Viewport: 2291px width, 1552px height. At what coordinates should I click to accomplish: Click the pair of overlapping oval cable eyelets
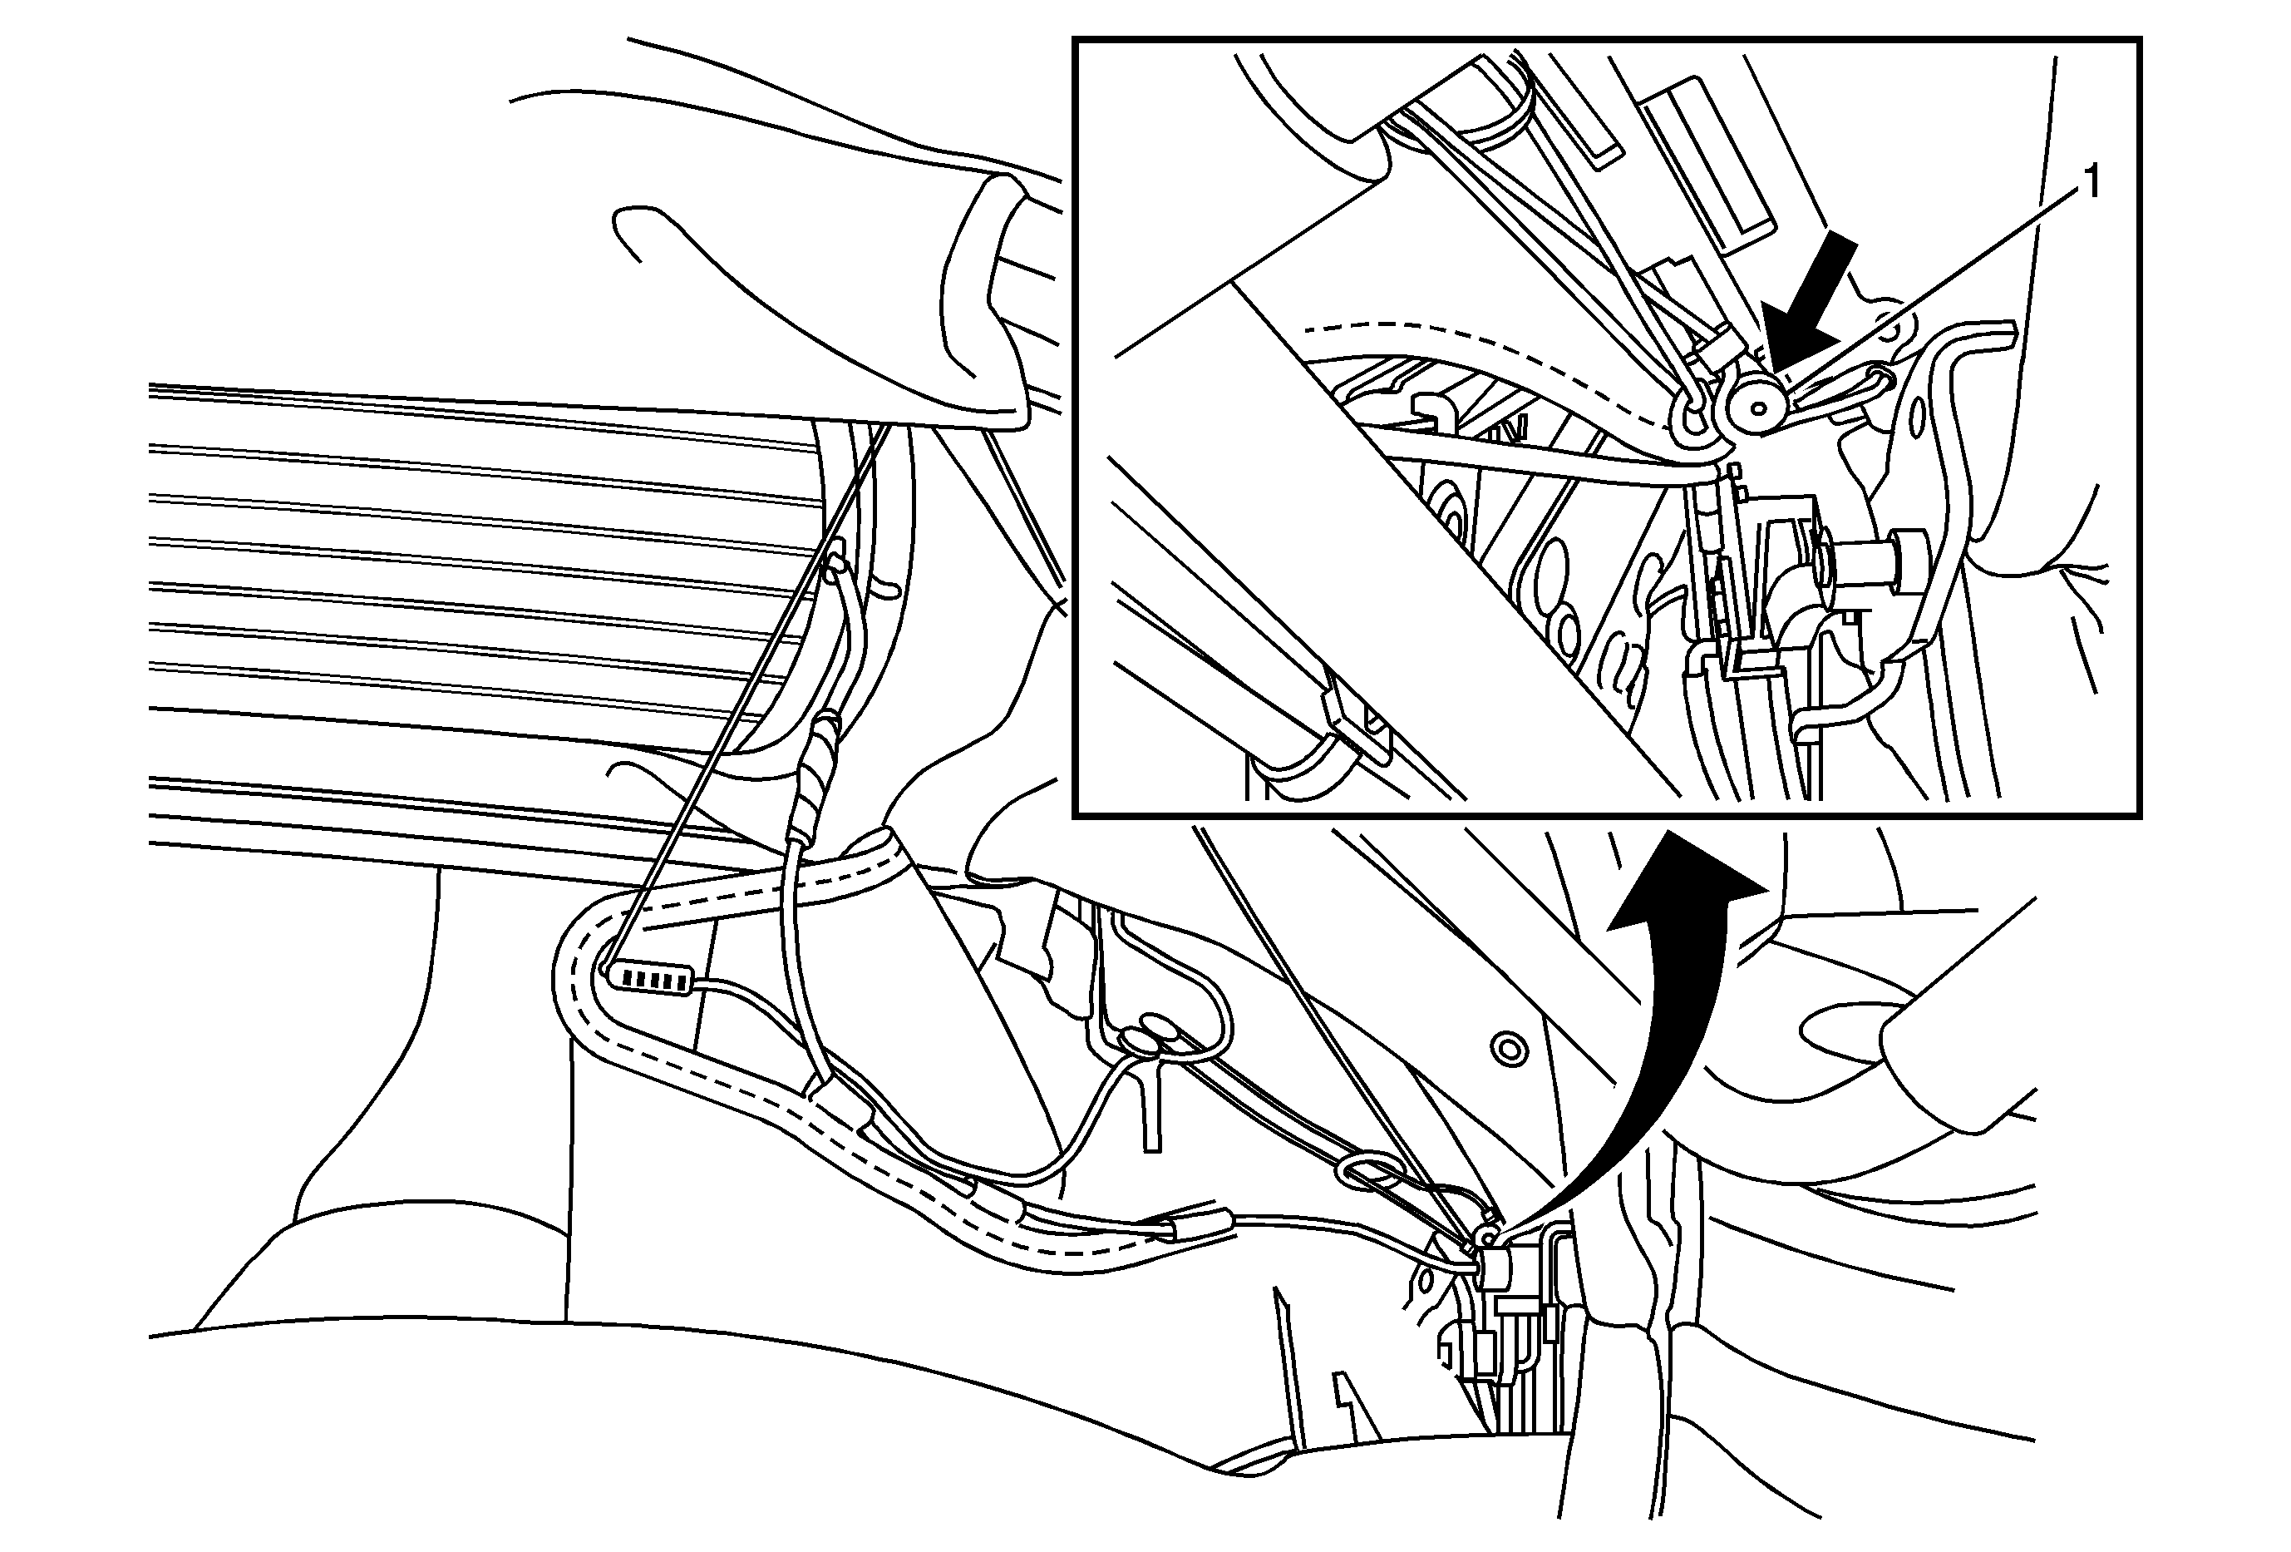tap(1149, 1040)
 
